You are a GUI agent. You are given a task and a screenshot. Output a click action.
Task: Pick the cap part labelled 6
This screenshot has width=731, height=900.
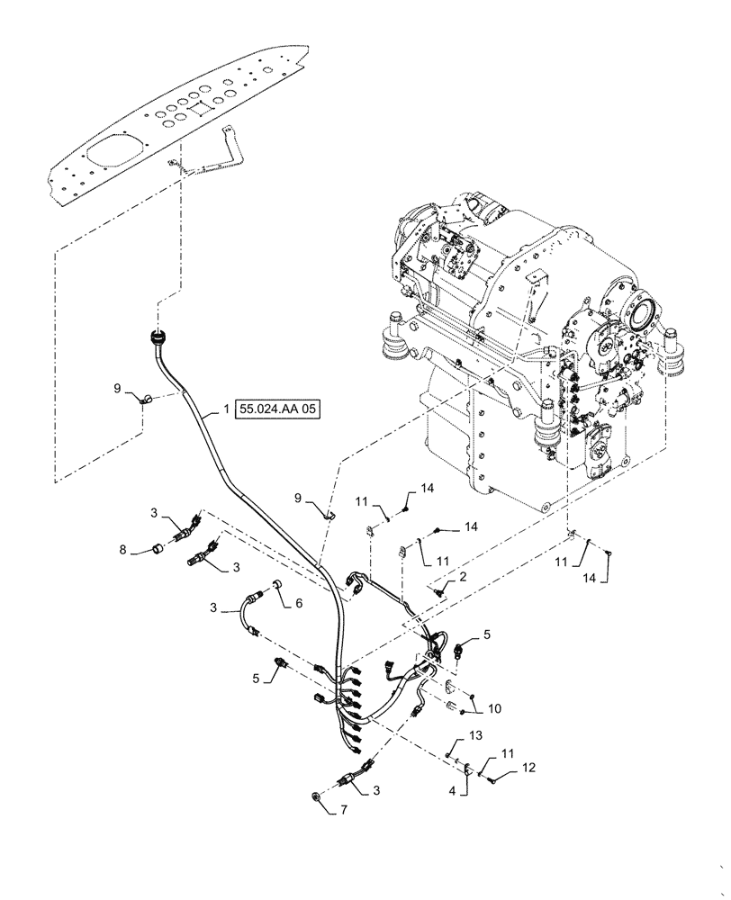[x=277, y=589]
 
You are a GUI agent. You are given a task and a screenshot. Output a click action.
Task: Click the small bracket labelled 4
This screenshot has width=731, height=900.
[x=468, y=767]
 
